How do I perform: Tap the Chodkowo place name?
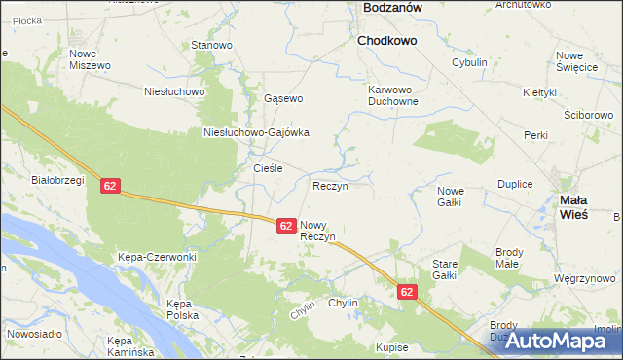pyautogui.click(x=386, y=42)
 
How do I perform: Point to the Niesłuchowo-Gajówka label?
pyautogui.click(x=256, y=133)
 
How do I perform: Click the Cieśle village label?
pyautogui.click(x=268, y=168)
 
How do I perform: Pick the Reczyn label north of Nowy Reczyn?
pyautogui.click(x=330, y=185)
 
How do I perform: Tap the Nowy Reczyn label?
pyautogui.click(x=318, y=231)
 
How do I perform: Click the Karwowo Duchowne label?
pyautogui.click(x=393, y=94)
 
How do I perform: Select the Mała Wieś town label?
pyautogui.click(x=574, y=205)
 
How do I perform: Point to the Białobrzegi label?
pyautogui.click(x=58, y=179)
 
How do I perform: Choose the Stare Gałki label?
pyautogui.click(x=444, y=270)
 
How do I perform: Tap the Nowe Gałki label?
pyautogui.click(x=449, y=196)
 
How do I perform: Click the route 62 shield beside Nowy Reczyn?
pyautogui.click(x=285, y=225)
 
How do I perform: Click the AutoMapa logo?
pyautogui.click(x=557, y=341)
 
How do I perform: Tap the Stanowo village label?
pyautogui.click(x=211, y=45)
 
